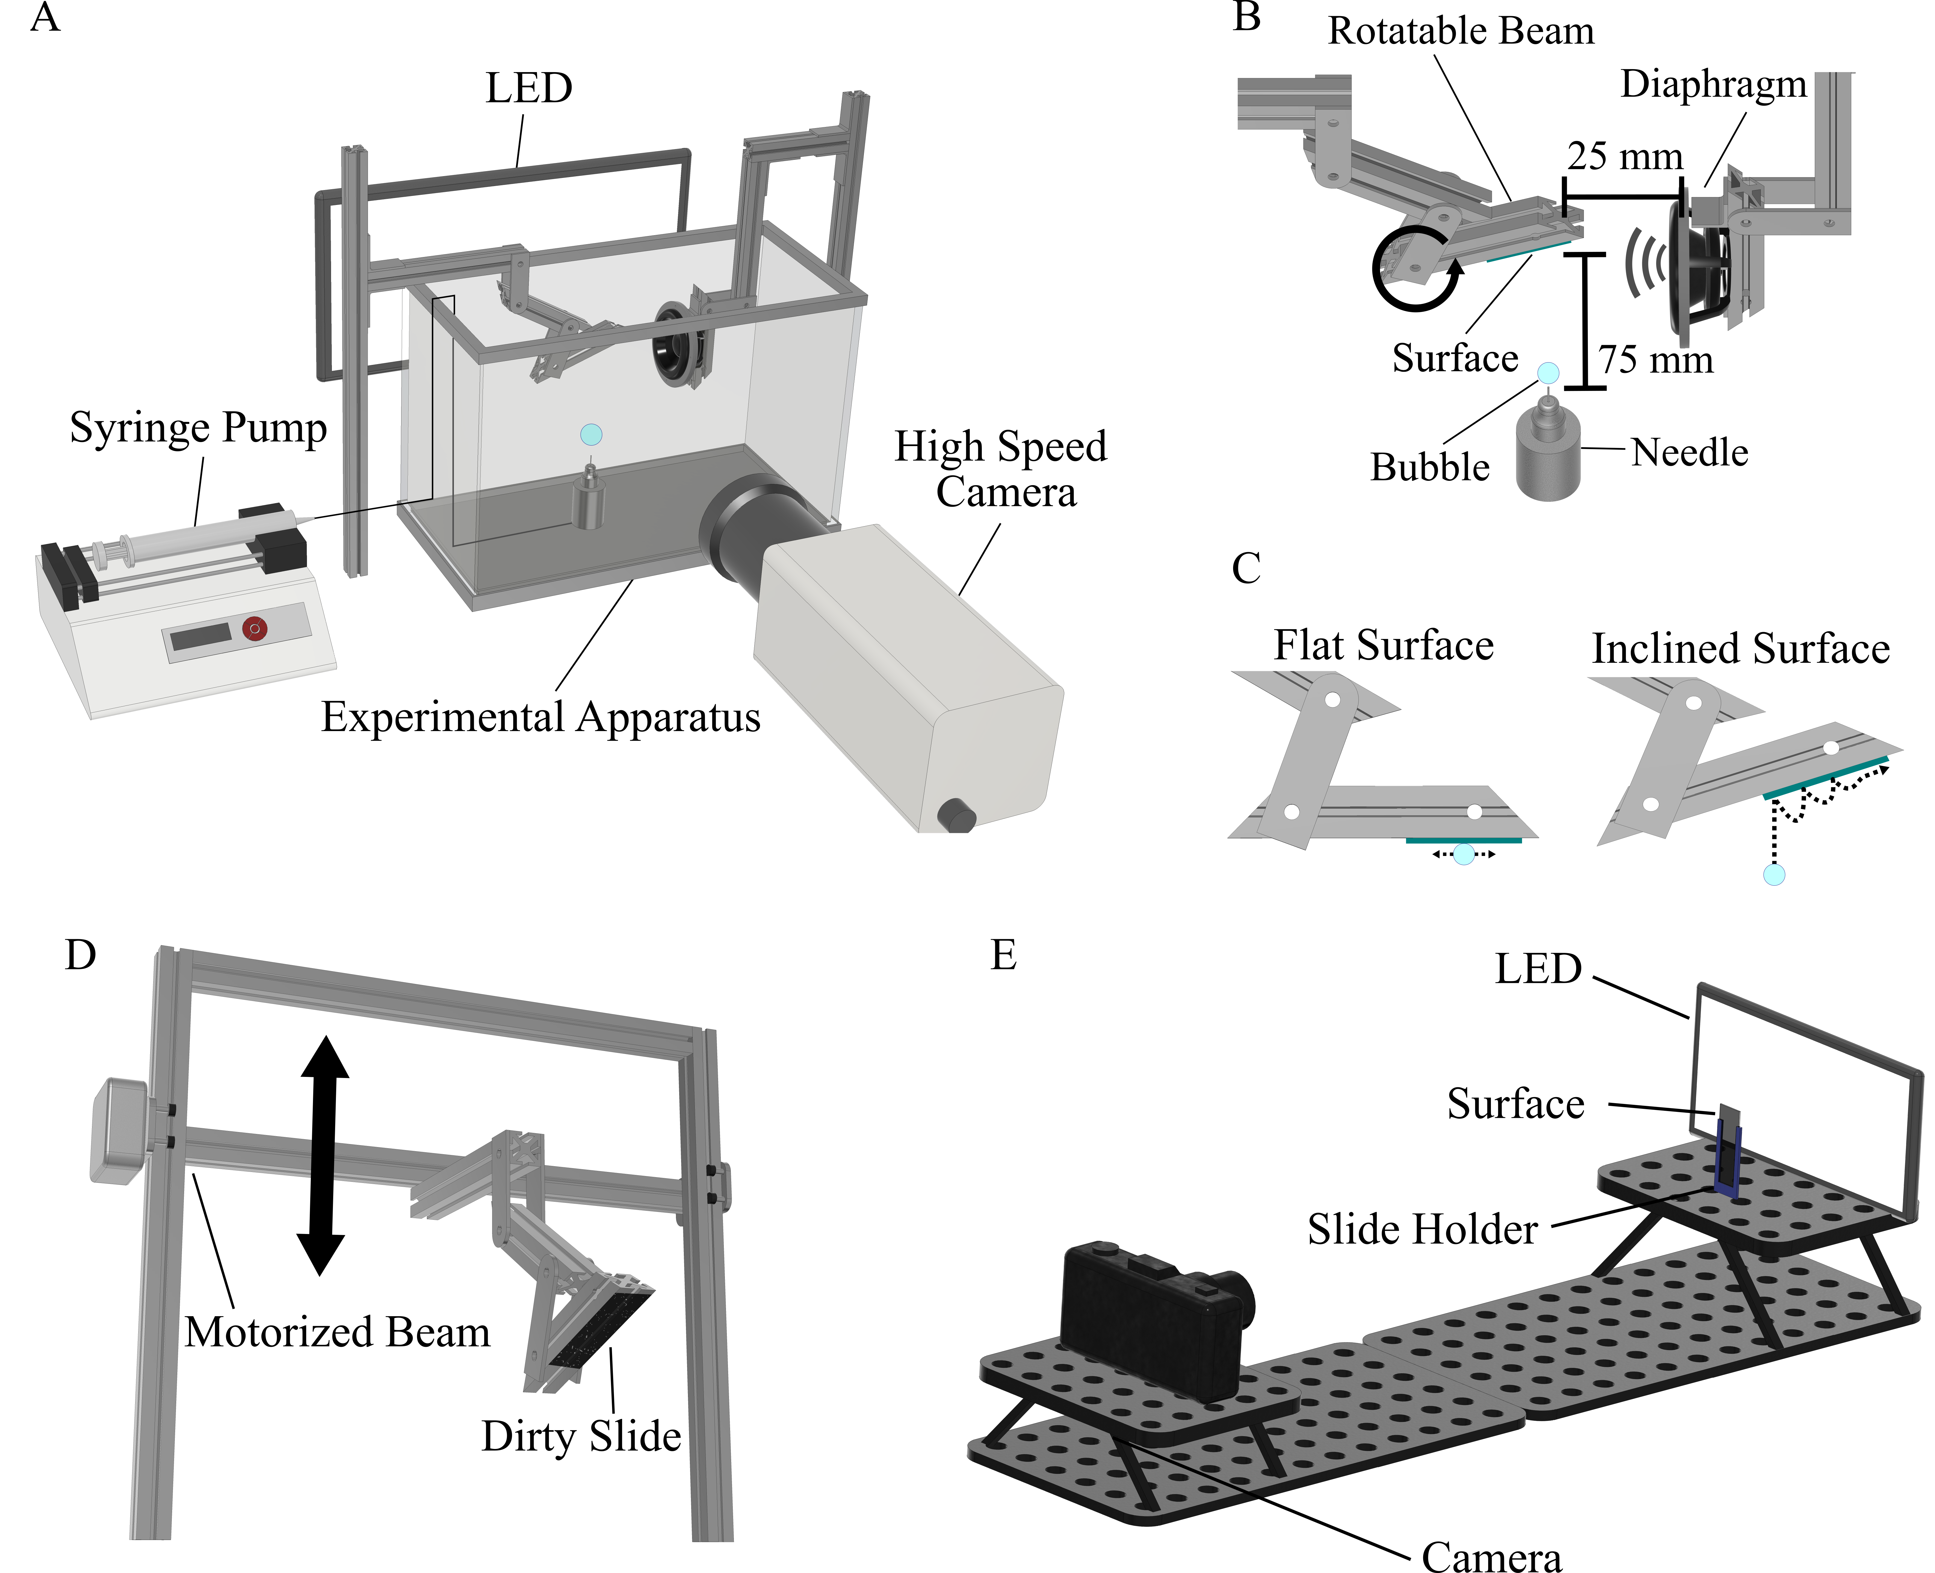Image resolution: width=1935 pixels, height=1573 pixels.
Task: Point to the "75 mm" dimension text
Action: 1655,360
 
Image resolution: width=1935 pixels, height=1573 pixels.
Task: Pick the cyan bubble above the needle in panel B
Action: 1548,372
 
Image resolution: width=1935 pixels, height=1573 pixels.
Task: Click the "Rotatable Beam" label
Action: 1460,31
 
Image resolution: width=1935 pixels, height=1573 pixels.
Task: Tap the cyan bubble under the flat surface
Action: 1464,853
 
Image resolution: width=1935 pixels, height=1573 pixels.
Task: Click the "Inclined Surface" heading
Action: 1740,649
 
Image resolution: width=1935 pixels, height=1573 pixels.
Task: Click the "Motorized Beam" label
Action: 337,1332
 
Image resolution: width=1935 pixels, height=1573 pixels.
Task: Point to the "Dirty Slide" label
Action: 581,1436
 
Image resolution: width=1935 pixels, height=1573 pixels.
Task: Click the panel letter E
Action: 1003,955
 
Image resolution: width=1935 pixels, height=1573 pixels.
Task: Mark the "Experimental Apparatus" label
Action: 541,717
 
